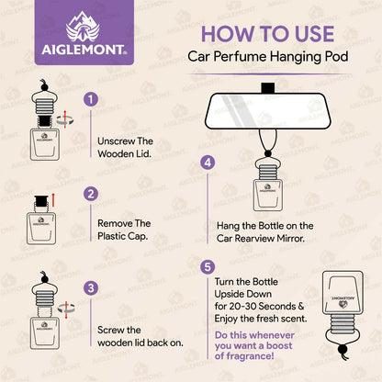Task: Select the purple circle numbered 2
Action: [x=89, y=194]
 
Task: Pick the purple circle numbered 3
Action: [x=89, y=287]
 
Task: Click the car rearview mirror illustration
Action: [x=269, y=110]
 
